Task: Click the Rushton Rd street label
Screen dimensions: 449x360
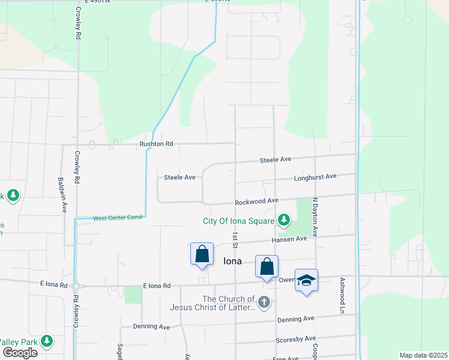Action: pos(156,144)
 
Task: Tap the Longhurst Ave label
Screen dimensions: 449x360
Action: pos(315,178)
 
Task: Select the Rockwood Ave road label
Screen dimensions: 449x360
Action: pos(256,200)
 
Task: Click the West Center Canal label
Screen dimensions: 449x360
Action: pos(118,218)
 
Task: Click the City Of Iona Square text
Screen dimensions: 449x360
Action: pos(238,221)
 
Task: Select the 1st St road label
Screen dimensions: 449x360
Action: pos(235,239)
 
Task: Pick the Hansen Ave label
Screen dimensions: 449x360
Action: pos(289,238)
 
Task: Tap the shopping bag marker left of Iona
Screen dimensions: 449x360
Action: pos(202,254)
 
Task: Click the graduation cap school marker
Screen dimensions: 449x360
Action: pos(306,281)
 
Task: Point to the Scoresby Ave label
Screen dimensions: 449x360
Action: pos(295,339)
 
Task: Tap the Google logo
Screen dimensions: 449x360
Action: pos(20,353)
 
